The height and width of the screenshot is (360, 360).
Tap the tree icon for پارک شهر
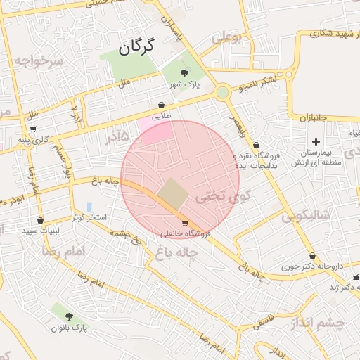[185, 72]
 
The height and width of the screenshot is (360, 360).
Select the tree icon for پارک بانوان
[69, 316]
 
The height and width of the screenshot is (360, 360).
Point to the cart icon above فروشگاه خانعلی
[185, 223]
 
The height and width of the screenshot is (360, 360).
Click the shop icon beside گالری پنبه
[33, 129]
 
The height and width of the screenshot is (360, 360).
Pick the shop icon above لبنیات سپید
[40, 220]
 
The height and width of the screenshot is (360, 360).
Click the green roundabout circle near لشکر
[222, 92]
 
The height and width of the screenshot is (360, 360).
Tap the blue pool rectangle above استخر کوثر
[89, 207]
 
